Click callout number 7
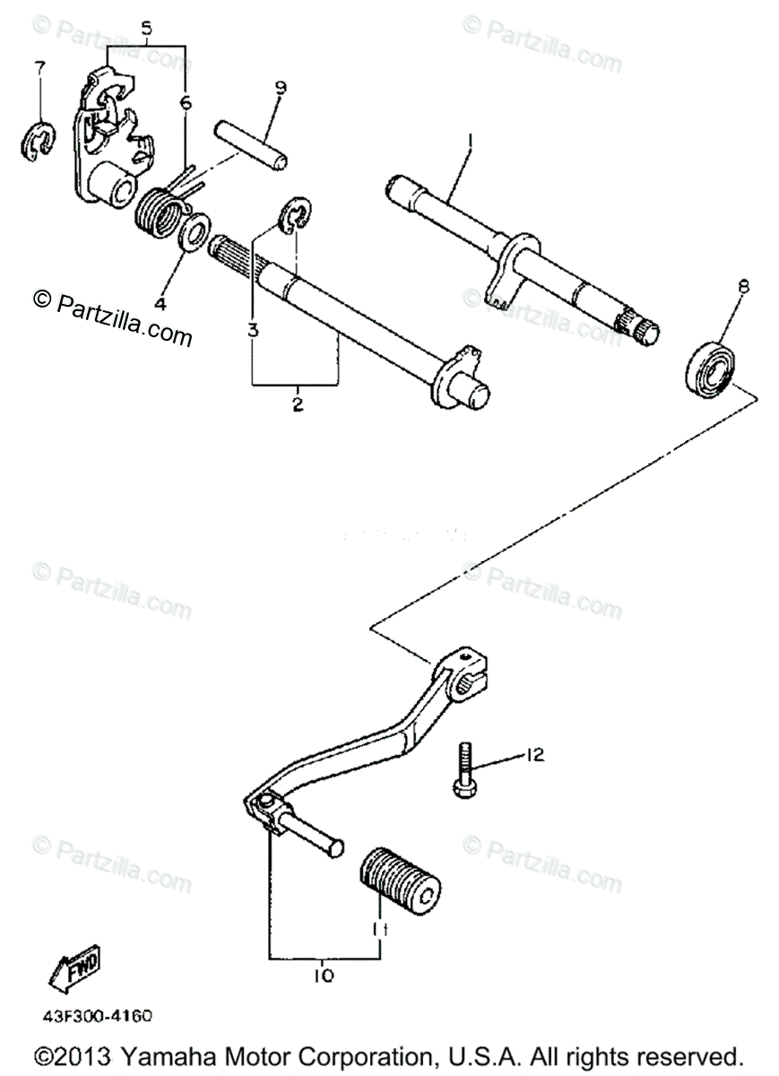pos(38,69)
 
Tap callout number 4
pos(160,303)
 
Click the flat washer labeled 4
pos(191,233)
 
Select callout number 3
pos(253,329)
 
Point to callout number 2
pos(297,405)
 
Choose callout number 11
pos(379,932)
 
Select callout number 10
pos(324,976)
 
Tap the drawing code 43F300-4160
pos(95,1016)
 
